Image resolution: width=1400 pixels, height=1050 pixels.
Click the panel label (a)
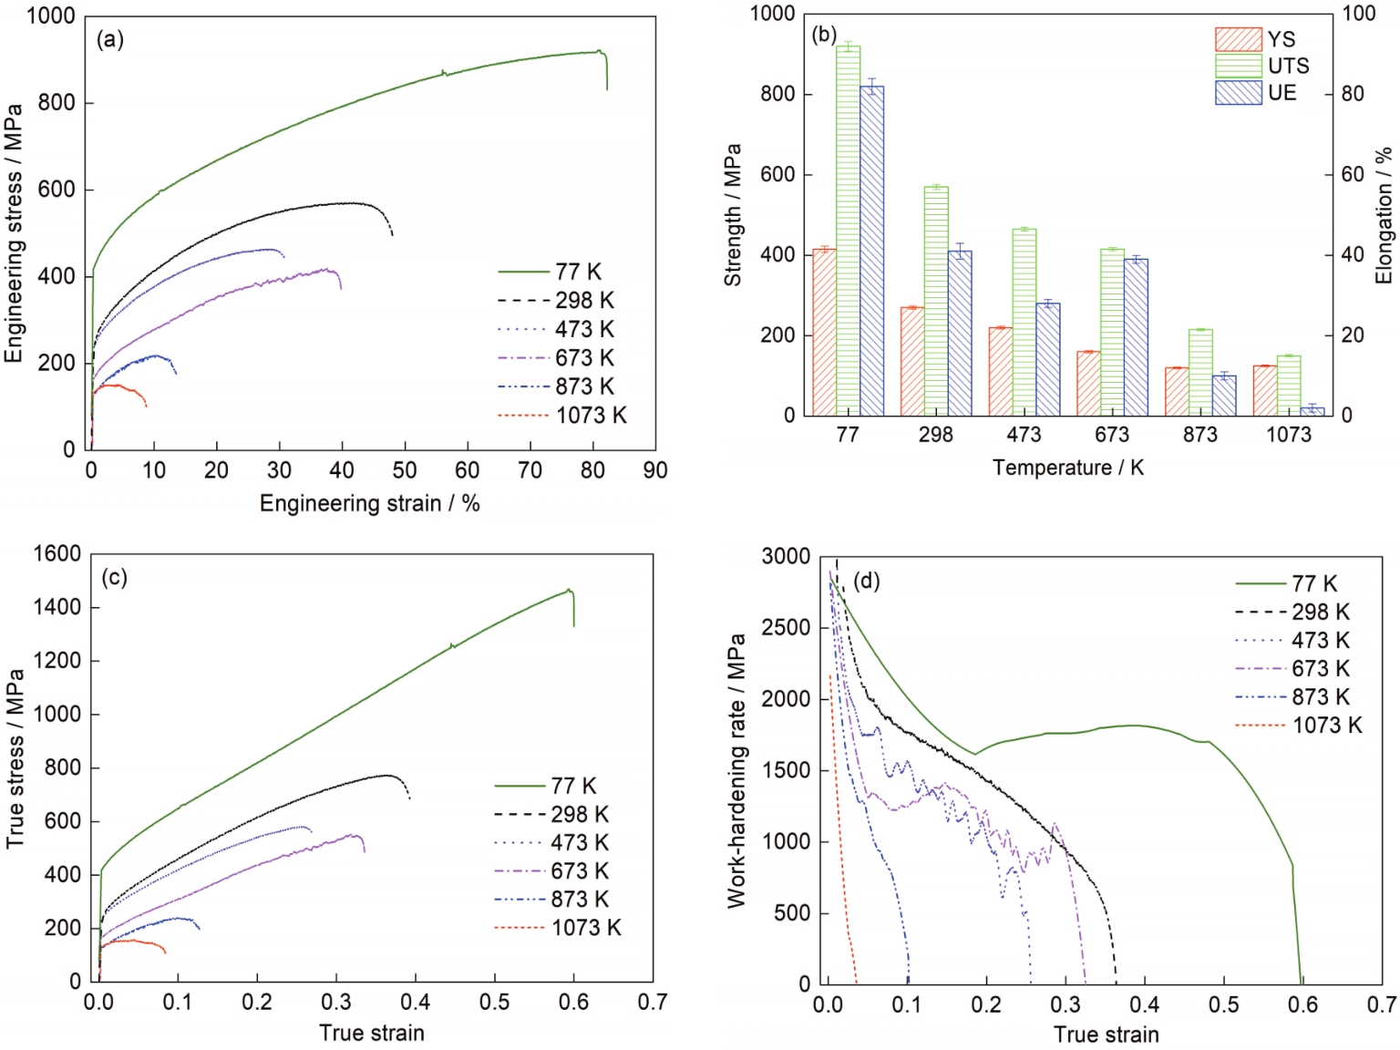coord(110,39)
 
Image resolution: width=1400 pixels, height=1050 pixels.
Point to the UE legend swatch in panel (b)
coord(1238,93)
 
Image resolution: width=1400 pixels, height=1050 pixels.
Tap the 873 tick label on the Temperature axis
coord(1199,435)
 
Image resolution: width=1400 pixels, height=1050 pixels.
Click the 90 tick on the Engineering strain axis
coord(655,470)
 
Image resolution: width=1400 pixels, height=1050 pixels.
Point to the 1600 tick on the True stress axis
coord(57,554)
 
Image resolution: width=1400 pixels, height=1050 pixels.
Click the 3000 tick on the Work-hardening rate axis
coord(786,557)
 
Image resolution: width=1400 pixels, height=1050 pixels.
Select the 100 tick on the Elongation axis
coord(1358,14)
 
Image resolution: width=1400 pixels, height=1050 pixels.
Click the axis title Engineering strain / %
coord(369,503)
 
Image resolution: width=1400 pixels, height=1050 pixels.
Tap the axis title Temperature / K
coord(1067,468)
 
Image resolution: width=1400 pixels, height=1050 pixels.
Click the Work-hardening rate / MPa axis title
coord(736,770)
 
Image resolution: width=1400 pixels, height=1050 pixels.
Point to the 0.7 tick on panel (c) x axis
coord(652,1002)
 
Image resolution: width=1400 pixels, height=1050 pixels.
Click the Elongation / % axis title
coord(1384,215)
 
